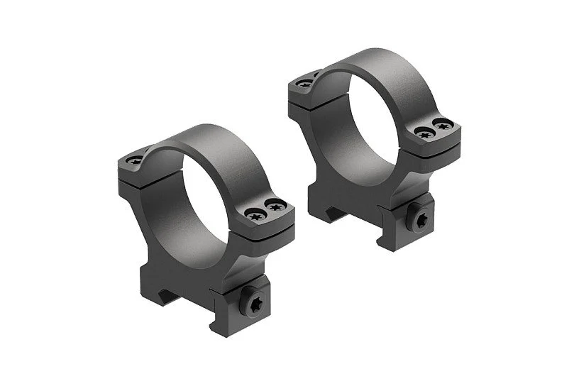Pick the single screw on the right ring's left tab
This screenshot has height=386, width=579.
pyautogui.click(x=305, y=84)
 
